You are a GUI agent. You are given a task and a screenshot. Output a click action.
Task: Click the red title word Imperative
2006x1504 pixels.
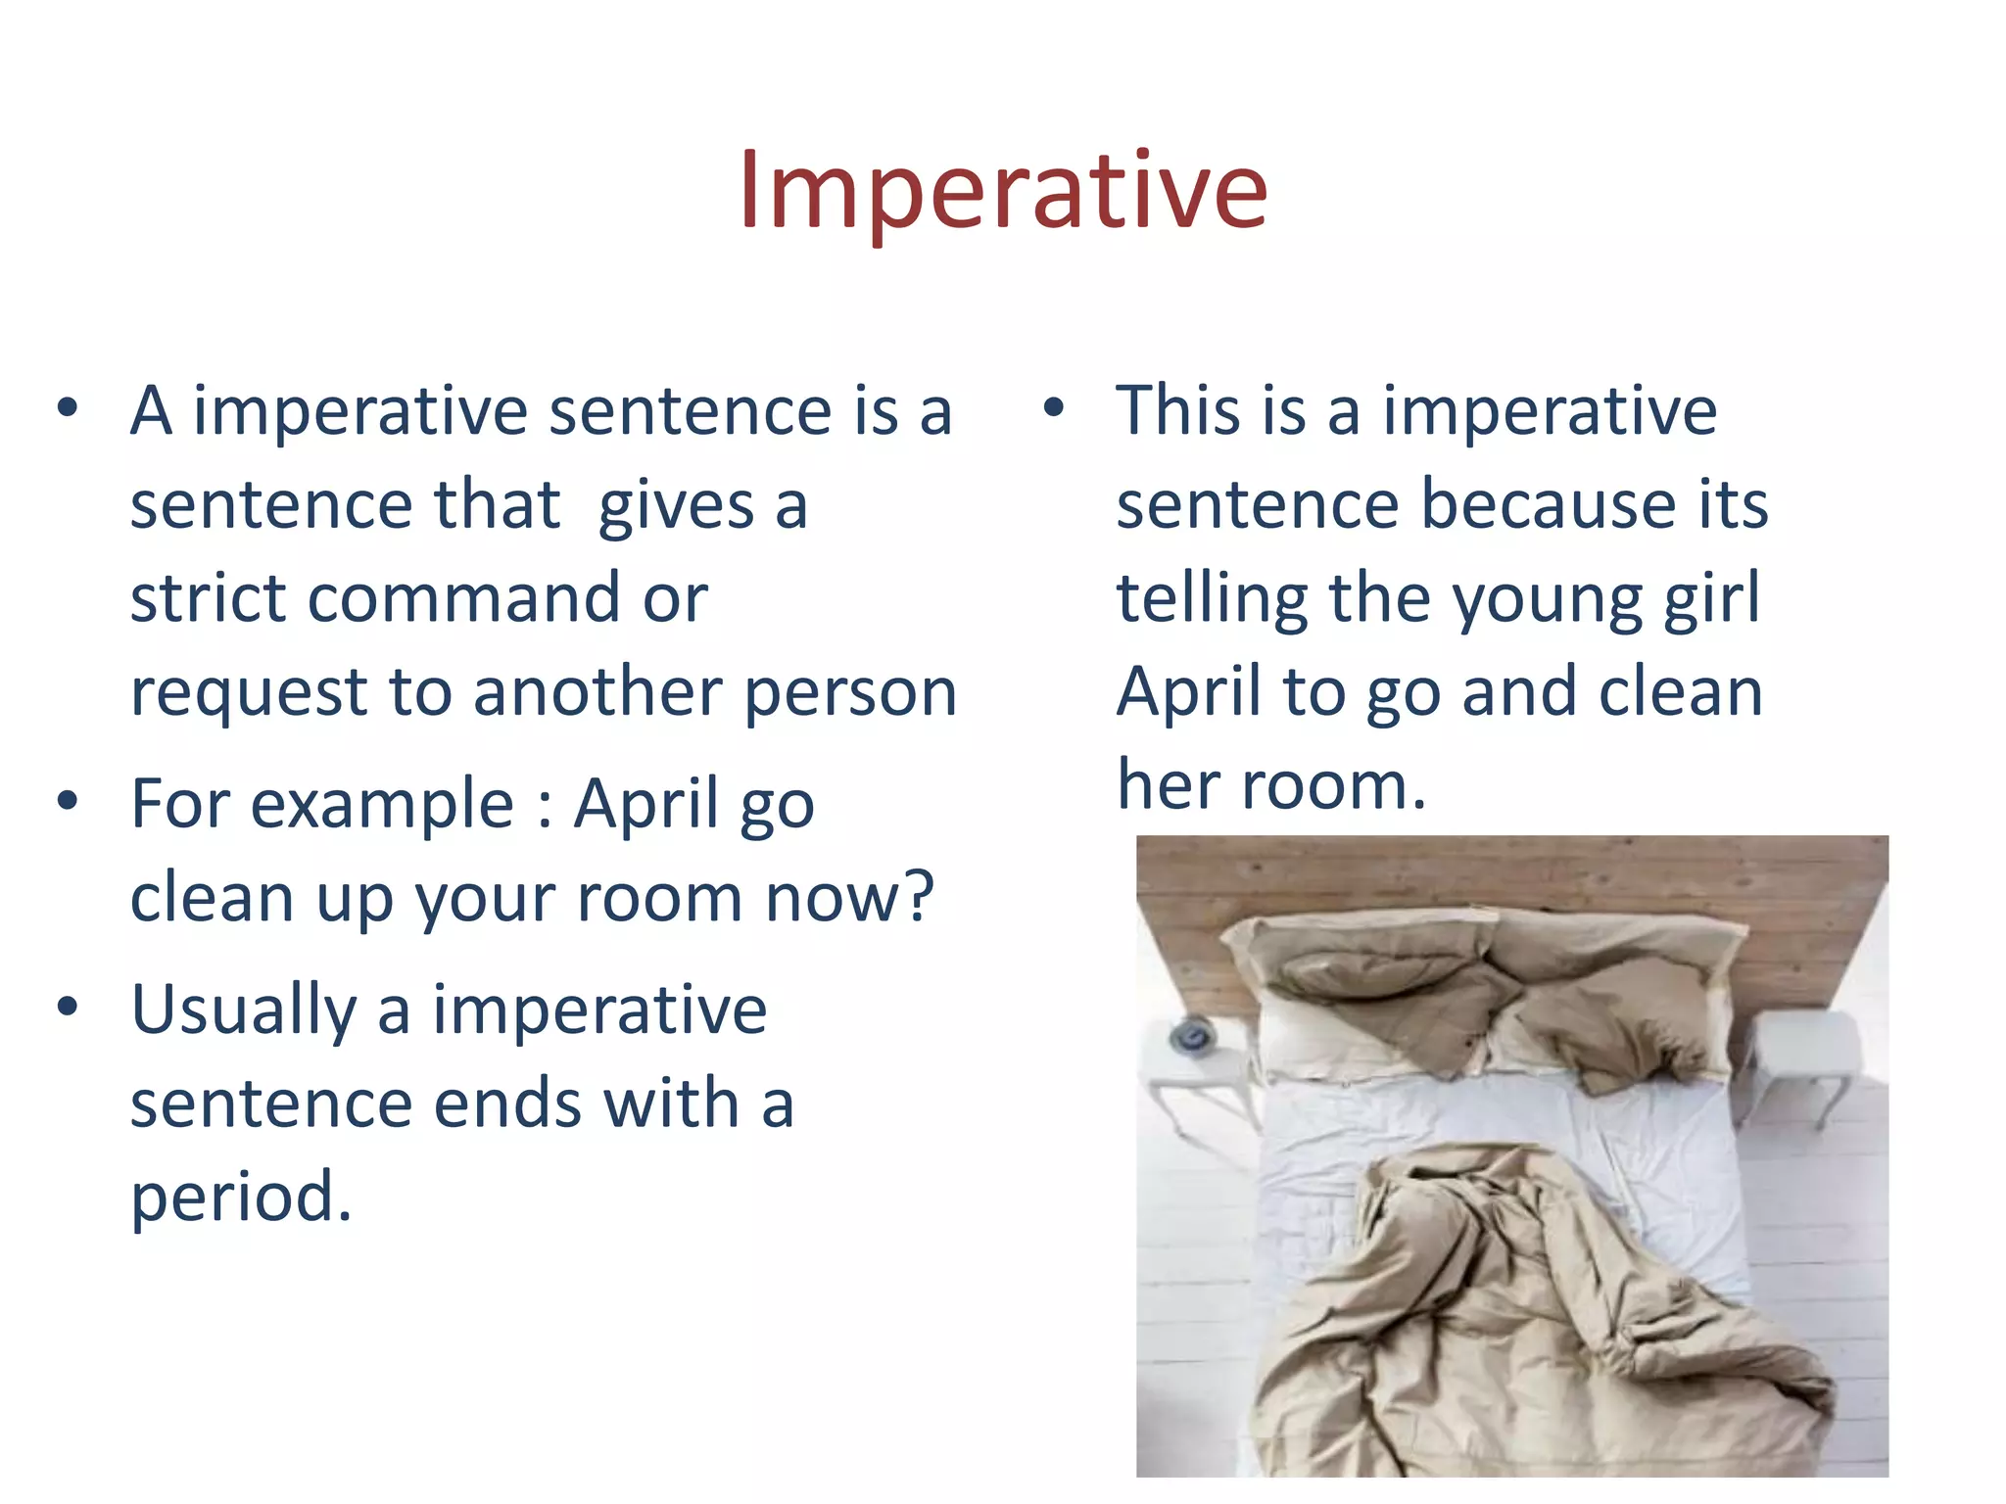click(x=1003, y=191)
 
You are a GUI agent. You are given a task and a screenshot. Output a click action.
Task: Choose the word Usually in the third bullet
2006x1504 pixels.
click(x=244, y=1010)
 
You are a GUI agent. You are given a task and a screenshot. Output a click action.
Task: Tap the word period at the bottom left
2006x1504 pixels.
click(x=240, y=1198)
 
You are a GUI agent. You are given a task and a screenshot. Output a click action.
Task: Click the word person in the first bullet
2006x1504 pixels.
click(x=850, y=693)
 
